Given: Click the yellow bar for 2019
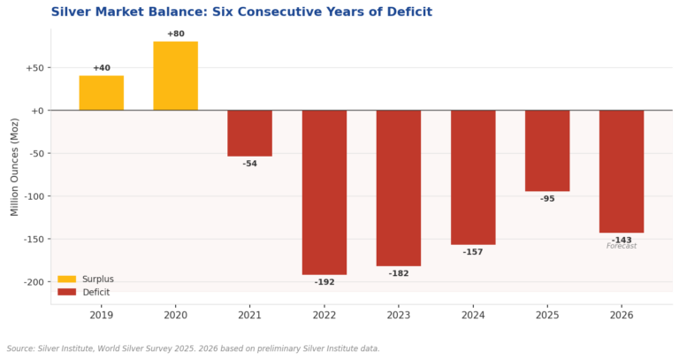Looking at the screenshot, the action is click(x=102, y=93).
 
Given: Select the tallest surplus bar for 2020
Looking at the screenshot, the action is click(x=175, y=76).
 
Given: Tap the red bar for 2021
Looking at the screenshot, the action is click(x=250, y=133).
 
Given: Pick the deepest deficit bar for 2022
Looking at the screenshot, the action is click(x=324, y=192).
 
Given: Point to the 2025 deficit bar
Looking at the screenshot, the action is click(x=547, y=150).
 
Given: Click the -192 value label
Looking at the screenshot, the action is click(x=324, y=282).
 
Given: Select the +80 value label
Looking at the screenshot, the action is click(x=176, y=34).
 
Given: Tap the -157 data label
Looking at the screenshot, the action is click(x=473, y=252).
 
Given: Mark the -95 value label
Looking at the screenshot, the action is click(x=547, y=199).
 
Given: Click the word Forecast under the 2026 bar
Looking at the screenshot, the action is click(x=622, y=246).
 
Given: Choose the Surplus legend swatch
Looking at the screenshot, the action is click(x=66, y=279).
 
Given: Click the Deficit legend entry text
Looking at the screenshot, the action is click(x=96, y=293).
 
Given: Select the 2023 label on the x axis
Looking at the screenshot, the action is click(x=399, y=315).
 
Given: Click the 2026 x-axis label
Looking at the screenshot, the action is click(x=622, y=315).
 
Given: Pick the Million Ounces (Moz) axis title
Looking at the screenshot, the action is click(x=15, y=167).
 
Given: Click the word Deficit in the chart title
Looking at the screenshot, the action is click(x=409, y=11).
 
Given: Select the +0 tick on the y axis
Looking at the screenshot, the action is click(x=39, y=111).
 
